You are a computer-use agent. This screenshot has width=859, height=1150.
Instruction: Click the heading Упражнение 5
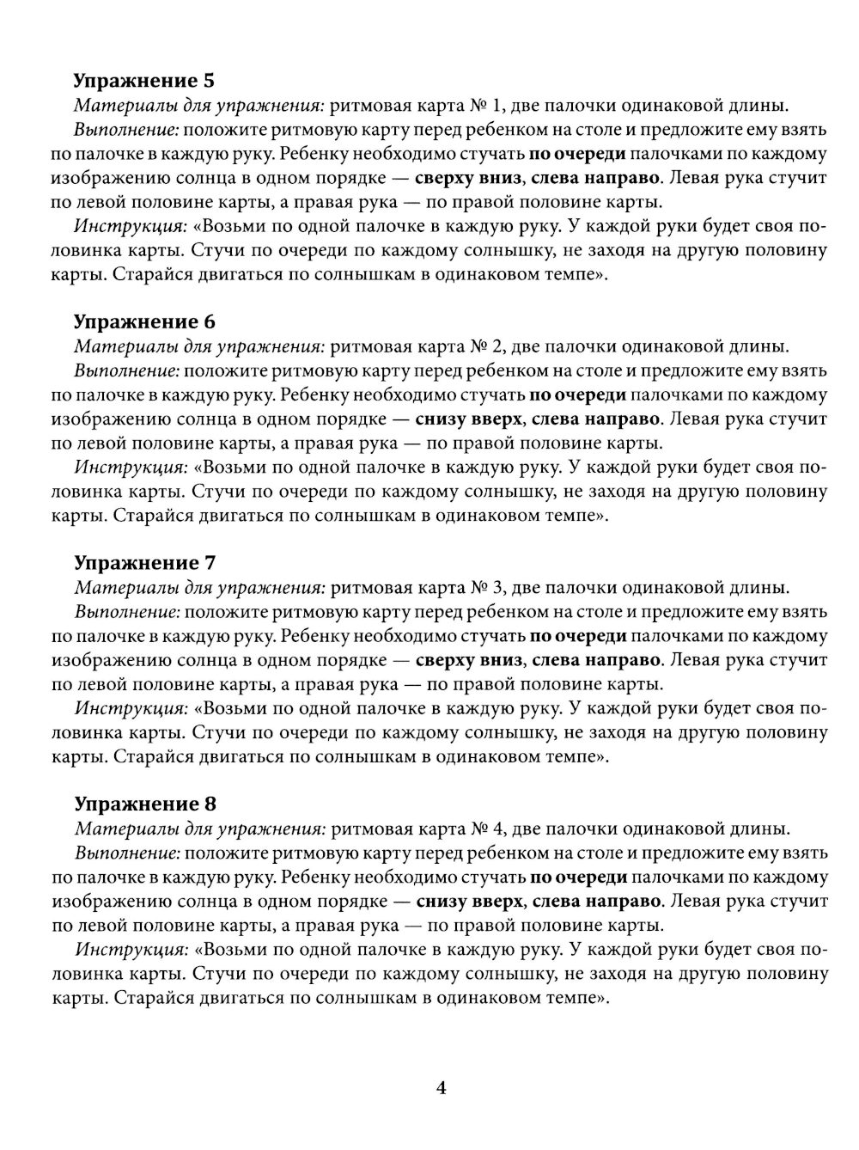(x=143, y=81)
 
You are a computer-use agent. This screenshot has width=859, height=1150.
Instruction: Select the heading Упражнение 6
(x=143, y=322)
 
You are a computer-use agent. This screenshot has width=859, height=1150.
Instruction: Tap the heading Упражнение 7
(x=144, y=563)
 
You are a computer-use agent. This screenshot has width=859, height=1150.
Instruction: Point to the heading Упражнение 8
(x=144, y=804)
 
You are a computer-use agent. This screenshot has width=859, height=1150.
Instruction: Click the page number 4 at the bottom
(x=442, y=1088)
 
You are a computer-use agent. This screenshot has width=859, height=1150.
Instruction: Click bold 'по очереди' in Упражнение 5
(x=576, y=155)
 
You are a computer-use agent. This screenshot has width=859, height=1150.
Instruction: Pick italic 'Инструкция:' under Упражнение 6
(x=131, y=468)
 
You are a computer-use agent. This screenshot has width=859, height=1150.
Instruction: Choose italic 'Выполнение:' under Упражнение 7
(x=128, y=612)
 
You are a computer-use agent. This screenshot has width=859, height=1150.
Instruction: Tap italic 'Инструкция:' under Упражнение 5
(x=131, y=227)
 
